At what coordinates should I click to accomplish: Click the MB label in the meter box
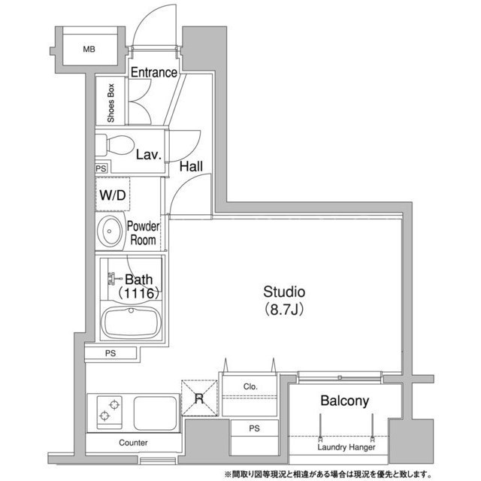click(x=89, y=49)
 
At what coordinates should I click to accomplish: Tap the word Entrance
click(x=154, y=72)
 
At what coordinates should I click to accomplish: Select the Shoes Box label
click(x=110, y=103)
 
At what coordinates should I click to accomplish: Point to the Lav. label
click(x=149, y=155)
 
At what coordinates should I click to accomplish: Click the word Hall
click(x=191, y=167)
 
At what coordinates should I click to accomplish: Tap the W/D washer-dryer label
click(x=113, y=195)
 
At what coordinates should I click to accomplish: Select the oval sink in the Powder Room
click(x=110, y=231)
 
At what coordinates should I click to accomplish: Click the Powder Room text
click(x=143, y=233)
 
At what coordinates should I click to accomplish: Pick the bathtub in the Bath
click(x=131, y=322)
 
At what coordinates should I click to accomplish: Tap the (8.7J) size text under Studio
click(x=284, y=310)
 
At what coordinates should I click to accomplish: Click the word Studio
click(x=284, y=292)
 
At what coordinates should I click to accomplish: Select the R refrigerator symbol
click(x=199, y=398)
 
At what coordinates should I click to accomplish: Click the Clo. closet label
click(x=250, y=386)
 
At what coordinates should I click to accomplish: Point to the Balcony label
click(x=344, y=401)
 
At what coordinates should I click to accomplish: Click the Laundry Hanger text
click(x=346, y=447)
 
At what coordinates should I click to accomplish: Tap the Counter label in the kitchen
click(x=133, y=443)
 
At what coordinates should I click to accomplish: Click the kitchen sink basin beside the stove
click(x=156, y=413)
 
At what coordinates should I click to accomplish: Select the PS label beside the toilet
click(x=101, y=168)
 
